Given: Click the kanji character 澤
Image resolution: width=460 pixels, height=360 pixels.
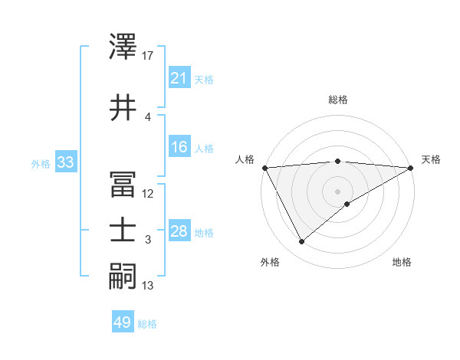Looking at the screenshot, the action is point(123,48).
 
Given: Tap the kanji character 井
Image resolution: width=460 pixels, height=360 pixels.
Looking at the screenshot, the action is point(123,108).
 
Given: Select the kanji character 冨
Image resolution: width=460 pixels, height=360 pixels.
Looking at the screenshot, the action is point(123,183).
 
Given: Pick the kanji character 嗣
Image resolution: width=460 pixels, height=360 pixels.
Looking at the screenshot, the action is point(123,277).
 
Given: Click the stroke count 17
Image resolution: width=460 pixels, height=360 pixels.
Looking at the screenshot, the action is point(148,55).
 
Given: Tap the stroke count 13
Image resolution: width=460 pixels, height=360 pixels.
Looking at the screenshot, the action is point(148,286).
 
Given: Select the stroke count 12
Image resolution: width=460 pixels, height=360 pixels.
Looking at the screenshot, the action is point(148,193).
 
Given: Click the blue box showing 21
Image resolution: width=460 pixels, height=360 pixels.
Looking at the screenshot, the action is point(179,78).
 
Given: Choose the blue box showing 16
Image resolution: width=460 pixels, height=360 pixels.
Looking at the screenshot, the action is point(179,147).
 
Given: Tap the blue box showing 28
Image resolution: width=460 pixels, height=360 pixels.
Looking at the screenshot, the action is point(179,231).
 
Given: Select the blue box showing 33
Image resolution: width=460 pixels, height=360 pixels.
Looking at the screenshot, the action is point(65,162).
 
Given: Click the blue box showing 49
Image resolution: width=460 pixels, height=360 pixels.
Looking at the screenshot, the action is point(122,322).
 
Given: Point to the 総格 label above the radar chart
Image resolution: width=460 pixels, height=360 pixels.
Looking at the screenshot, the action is point(338,100).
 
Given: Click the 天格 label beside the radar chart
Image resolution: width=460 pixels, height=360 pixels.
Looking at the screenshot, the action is point(432,159).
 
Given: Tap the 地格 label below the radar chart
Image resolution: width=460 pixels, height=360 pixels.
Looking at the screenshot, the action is point(402,262).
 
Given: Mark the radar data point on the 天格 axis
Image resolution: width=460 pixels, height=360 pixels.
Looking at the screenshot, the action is point(411,168).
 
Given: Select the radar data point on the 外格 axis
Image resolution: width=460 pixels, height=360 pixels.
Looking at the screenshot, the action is point(301,242).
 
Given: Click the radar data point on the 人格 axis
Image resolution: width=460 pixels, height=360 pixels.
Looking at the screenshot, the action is point(264,168).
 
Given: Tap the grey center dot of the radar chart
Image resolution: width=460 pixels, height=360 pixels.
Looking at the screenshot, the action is point(337,191).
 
